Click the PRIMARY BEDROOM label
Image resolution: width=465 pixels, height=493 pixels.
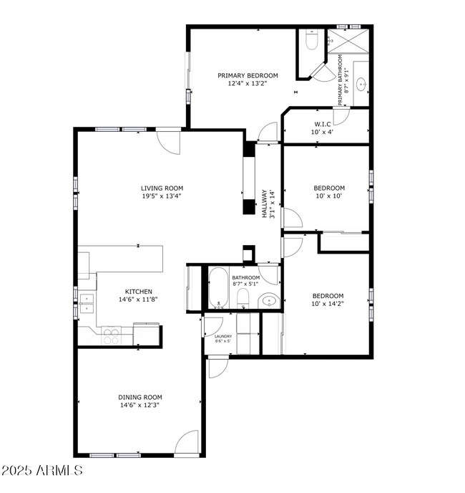[248, 75]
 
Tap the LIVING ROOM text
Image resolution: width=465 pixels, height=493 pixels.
[161, 188]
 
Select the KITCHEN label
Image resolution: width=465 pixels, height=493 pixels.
[139, 292]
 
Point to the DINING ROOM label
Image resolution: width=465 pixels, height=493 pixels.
[139, 397]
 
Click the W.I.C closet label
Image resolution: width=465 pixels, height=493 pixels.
[322, 124]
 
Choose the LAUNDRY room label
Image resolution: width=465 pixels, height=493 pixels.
[222, 336]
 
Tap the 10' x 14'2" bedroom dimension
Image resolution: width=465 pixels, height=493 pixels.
[328, 304]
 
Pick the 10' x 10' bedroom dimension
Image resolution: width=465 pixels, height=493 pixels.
[328, 196]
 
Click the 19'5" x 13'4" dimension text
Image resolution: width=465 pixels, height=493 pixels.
[161, 196]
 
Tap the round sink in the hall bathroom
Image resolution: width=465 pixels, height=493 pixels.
[268, 301]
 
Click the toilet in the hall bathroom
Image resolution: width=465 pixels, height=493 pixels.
[243, 297]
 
